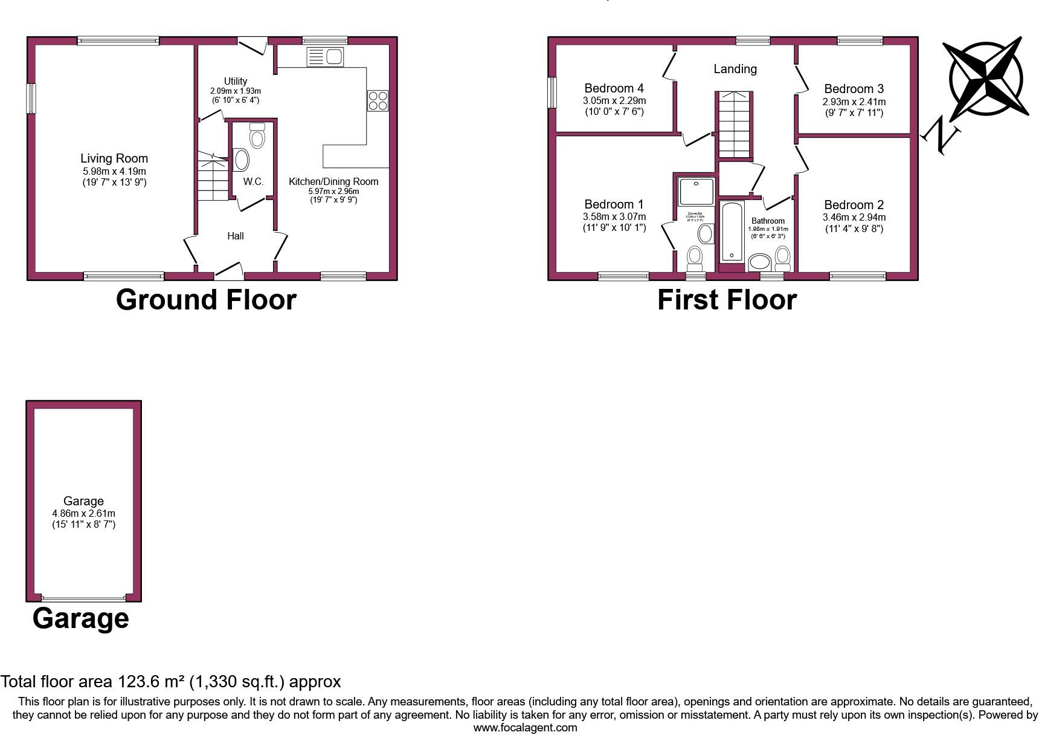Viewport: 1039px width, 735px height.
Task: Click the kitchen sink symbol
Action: coord(326,57)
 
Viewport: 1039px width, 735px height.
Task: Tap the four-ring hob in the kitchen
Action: coord(378,100)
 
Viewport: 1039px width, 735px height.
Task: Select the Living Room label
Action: coord(114,158)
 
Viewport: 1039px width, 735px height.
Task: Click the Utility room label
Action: coord(236,81)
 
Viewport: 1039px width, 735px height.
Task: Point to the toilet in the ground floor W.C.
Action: coord(257,136)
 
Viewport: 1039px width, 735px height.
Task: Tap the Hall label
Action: coord(236,236)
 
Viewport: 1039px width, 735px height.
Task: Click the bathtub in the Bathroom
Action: coord(732,232)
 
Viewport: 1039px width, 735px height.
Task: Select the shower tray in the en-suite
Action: coord(696,190)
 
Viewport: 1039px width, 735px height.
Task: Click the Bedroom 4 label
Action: coord(614,89)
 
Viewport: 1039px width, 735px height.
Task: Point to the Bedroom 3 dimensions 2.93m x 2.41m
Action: coord(854,102)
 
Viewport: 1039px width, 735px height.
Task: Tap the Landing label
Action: coord(735,69)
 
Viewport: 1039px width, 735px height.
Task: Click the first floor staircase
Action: coord(734,125)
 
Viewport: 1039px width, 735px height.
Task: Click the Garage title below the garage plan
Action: coord(80,618)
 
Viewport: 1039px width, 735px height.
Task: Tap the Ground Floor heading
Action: coord(206,299)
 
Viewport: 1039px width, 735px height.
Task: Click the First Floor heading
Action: coord(727,300)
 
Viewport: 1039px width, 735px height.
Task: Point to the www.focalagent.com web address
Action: coord(525,728)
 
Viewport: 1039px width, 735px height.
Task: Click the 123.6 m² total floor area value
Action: coord(151,682)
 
